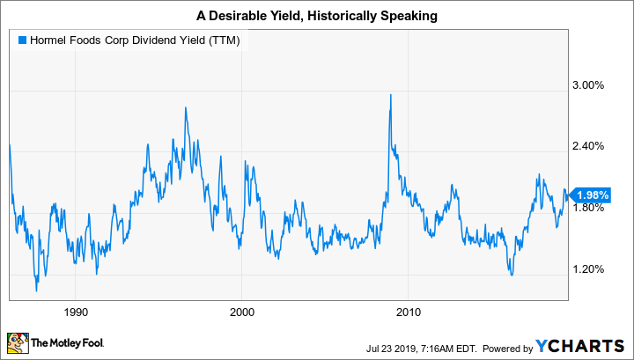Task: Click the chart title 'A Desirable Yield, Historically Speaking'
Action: click(x=316, y=14)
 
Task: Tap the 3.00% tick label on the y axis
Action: click(x=587, y=85)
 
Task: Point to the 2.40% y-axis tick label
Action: click(x=587, y=146)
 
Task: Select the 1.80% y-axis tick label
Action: click(x=587, y=208)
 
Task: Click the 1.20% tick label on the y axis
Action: click(x=587, y=269)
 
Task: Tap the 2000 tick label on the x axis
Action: click(x=241, y=312)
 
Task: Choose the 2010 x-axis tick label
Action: click(x=408, y=312)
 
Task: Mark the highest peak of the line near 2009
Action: click(x=390, y=94)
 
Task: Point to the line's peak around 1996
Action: click(x=186, y=107)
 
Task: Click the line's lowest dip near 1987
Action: click(x=36, y=290)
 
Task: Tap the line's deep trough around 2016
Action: click(x=511, y=275)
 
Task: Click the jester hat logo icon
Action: click(x=17, y=342)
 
